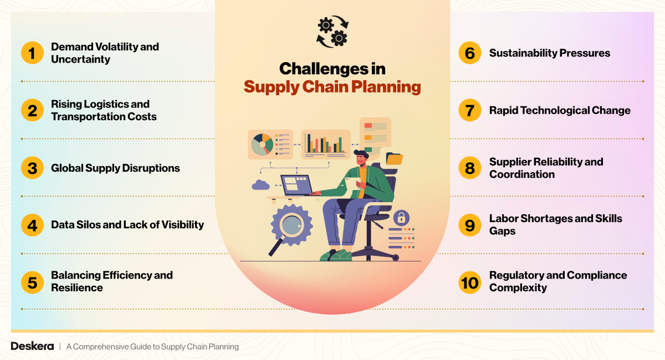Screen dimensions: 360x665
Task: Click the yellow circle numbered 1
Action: pos(32,53)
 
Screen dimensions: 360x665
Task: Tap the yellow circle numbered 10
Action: pos(470,282)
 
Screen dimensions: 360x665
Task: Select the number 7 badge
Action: pos(470,110)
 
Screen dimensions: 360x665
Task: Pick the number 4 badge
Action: pos(32,225)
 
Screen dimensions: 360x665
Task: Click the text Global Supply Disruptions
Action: pos(115,168)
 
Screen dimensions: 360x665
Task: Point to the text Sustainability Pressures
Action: pos(549,53)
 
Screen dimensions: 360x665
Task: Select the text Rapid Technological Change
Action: pos(560,110)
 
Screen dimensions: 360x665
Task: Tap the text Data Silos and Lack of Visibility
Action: pos(127,225)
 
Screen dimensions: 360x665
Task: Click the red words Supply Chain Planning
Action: pos(332,87)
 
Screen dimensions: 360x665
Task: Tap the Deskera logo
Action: pos(32,346)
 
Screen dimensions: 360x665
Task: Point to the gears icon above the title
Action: pos(332,32)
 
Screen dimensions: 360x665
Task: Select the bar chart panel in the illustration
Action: pos(325,143)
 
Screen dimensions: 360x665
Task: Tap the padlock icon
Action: pos(401,217)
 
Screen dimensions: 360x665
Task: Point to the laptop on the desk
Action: pos(296,185)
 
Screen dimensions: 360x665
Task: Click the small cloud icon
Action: pos(260,185)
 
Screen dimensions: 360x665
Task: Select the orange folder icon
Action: pos(394,159)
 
